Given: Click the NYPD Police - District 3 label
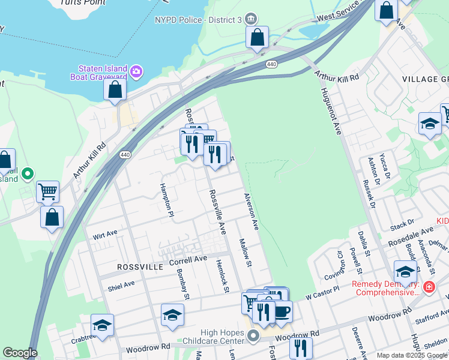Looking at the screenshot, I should click(x=197, y=20).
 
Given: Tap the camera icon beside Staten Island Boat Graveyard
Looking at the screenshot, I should click(x=137, y=72).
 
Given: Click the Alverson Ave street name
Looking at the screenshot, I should click(x=251, y=212).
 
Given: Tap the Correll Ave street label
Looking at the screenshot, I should click(x=187, y=260).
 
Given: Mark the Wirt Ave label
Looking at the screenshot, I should click(x=105, y=235).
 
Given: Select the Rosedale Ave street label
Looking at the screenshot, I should click(x=410, y=236).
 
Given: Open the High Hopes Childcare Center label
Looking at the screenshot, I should click(x=212, y=335).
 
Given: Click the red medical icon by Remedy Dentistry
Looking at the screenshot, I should click(x=429, y=287).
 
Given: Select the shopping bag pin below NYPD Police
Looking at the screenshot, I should click(x=257, y=37).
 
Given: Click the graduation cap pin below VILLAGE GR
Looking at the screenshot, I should click(x=430, y=124).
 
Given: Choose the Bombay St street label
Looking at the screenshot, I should click(x=183, y=284).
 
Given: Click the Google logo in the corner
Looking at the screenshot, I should click(x=20, y=353).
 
